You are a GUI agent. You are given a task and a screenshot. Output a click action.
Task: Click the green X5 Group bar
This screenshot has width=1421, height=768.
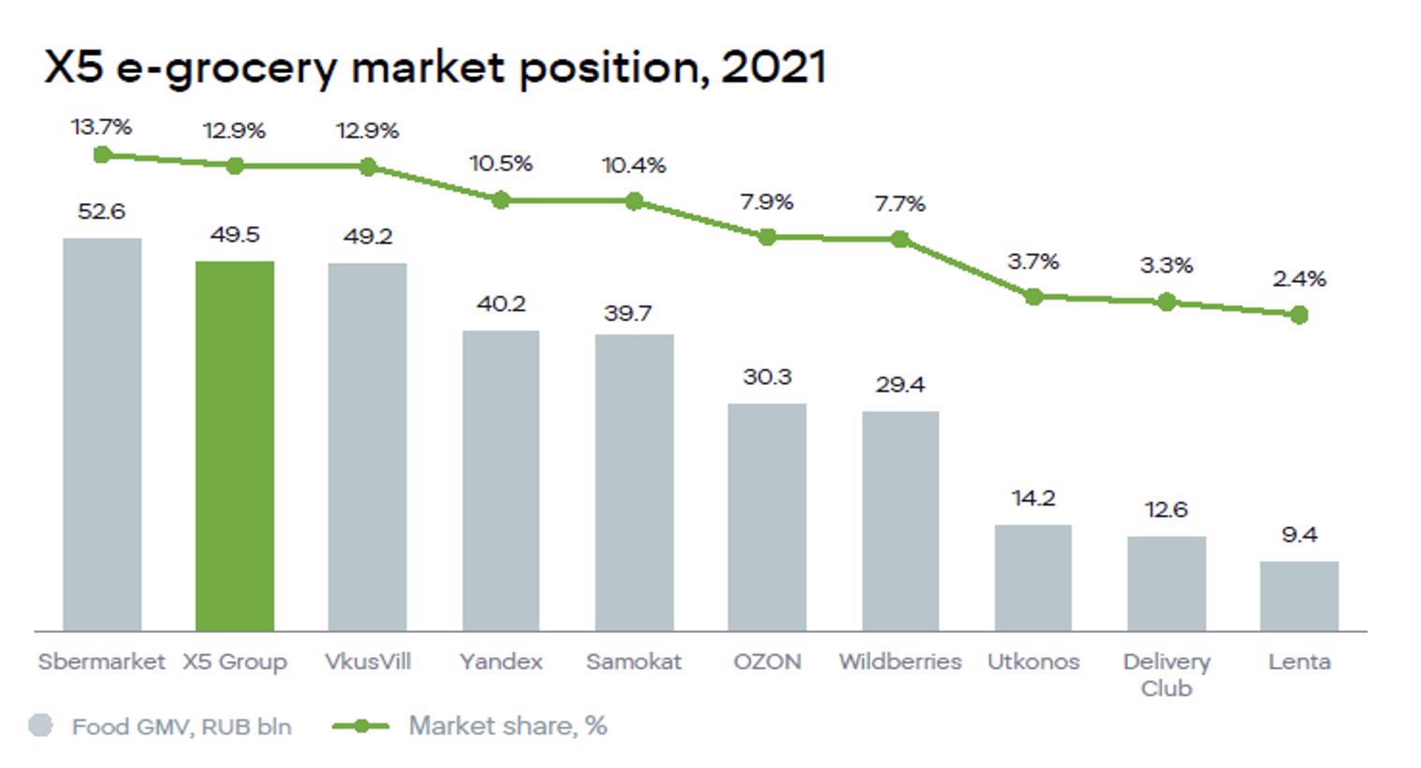coord(235,446)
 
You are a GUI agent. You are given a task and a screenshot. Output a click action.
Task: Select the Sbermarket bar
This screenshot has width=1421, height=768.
coord(102,435)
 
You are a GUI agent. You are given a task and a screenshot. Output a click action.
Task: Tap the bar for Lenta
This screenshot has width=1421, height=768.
coord(1298,596)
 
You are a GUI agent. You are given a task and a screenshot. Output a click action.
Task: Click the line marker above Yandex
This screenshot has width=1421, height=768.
coord(501,200)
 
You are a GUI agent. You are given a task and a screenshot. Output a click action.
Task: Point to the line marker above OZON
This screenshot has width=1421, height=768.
coord(767,238)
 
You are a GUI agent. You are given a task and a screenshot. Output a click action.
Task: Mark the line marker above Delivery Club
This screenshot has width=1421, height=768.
coord(1166,302)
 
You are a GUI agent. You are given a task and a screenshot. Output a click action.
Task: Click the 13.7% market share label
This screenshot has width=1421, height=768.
coord(101,126)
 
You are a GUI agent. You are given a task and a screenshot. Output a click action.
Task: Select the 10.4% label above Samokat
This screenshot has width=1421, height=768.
coord(634,166)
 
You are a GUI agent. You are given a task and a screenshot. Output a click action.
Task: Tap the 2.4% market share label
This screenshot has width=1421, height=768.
coord(1298,278)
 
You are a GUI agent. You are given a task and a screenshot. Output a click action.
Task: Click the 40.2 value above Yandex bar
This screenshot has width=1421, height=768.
coord(501,303)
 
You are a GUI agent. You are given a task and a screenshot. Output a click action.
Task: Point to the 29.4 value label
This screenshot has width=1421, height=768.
coord(900,384)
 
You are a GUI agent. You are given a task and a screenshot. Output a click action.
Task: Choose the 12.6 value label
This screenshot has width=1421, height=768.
coord(1165,510)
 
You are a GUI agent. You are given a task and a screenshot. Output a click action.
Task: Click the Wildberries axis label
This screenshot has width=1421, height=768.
coord(900,661)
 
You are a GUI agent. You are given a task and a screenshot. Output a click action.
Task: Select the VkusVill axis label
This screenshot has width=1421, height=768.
coord(368,661)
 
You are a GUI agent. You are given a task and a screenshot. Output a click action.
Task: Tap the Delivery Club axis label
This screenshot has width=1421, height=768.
coord(1166,674)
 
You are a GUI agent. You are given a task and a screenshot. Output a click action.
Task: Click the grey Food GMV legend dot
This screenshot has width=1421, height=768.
coord(41,726)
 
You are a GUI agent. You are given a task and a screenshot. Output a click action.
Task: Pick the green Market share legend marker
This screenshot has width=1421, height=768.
coord(361,726)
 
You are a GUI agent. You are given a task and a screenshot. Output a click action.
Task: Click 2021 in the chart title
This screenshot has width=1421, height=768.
coord(773,67)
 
